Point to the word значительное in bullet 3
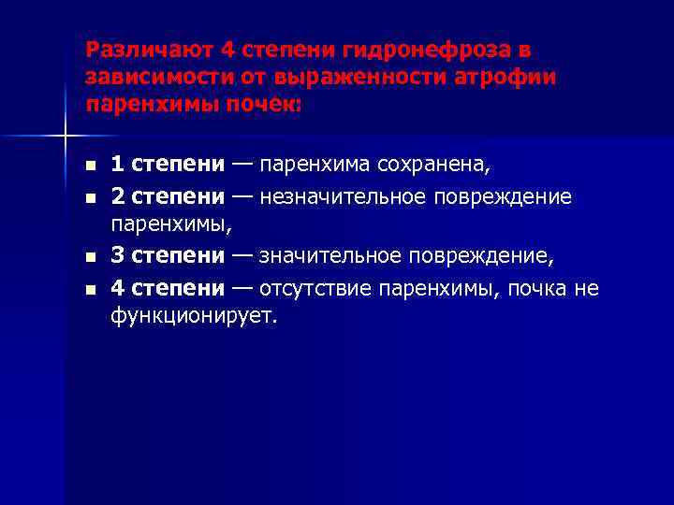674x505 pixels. (x=334, y=255)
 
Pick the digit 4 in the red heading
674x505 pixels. (x=227, y=50)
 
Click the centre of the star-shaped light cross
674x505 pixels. (x=65, y=137)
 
